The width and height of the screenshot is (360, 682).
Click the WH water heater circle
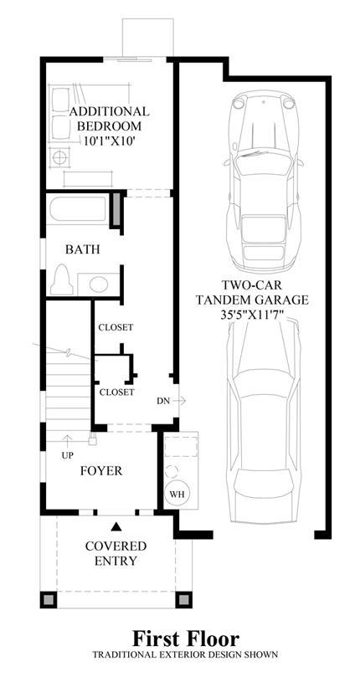point(177,494)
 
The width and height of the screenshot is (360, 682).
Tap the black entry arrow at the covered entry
point(116,526)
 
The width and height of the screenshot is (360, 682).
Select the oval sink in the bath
point(99,284)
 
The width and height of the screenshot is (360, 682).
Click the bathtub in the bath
point(78,210)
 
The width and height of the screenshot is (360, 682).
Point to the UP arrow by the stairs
point(68,441)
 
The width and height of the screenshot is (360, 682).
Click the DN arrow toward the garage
point(181,400)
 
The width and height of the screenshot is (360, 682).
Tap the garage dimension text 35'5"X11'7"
point(252,315)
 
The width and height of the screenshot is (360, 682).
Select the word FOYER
point(101,470)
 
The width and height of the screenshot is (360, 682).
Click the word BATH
point(83,249)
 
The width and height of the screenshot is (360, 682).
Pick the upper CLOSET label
point(116,327)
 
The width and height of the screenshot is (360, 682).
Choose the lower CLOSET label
point(116,392)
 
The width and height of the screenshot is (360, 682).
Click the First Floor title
point(186,639)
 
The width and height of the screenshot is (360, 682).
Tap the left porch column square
point(49,600)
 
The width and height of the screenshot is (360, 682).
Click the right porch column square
point(183,600)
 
